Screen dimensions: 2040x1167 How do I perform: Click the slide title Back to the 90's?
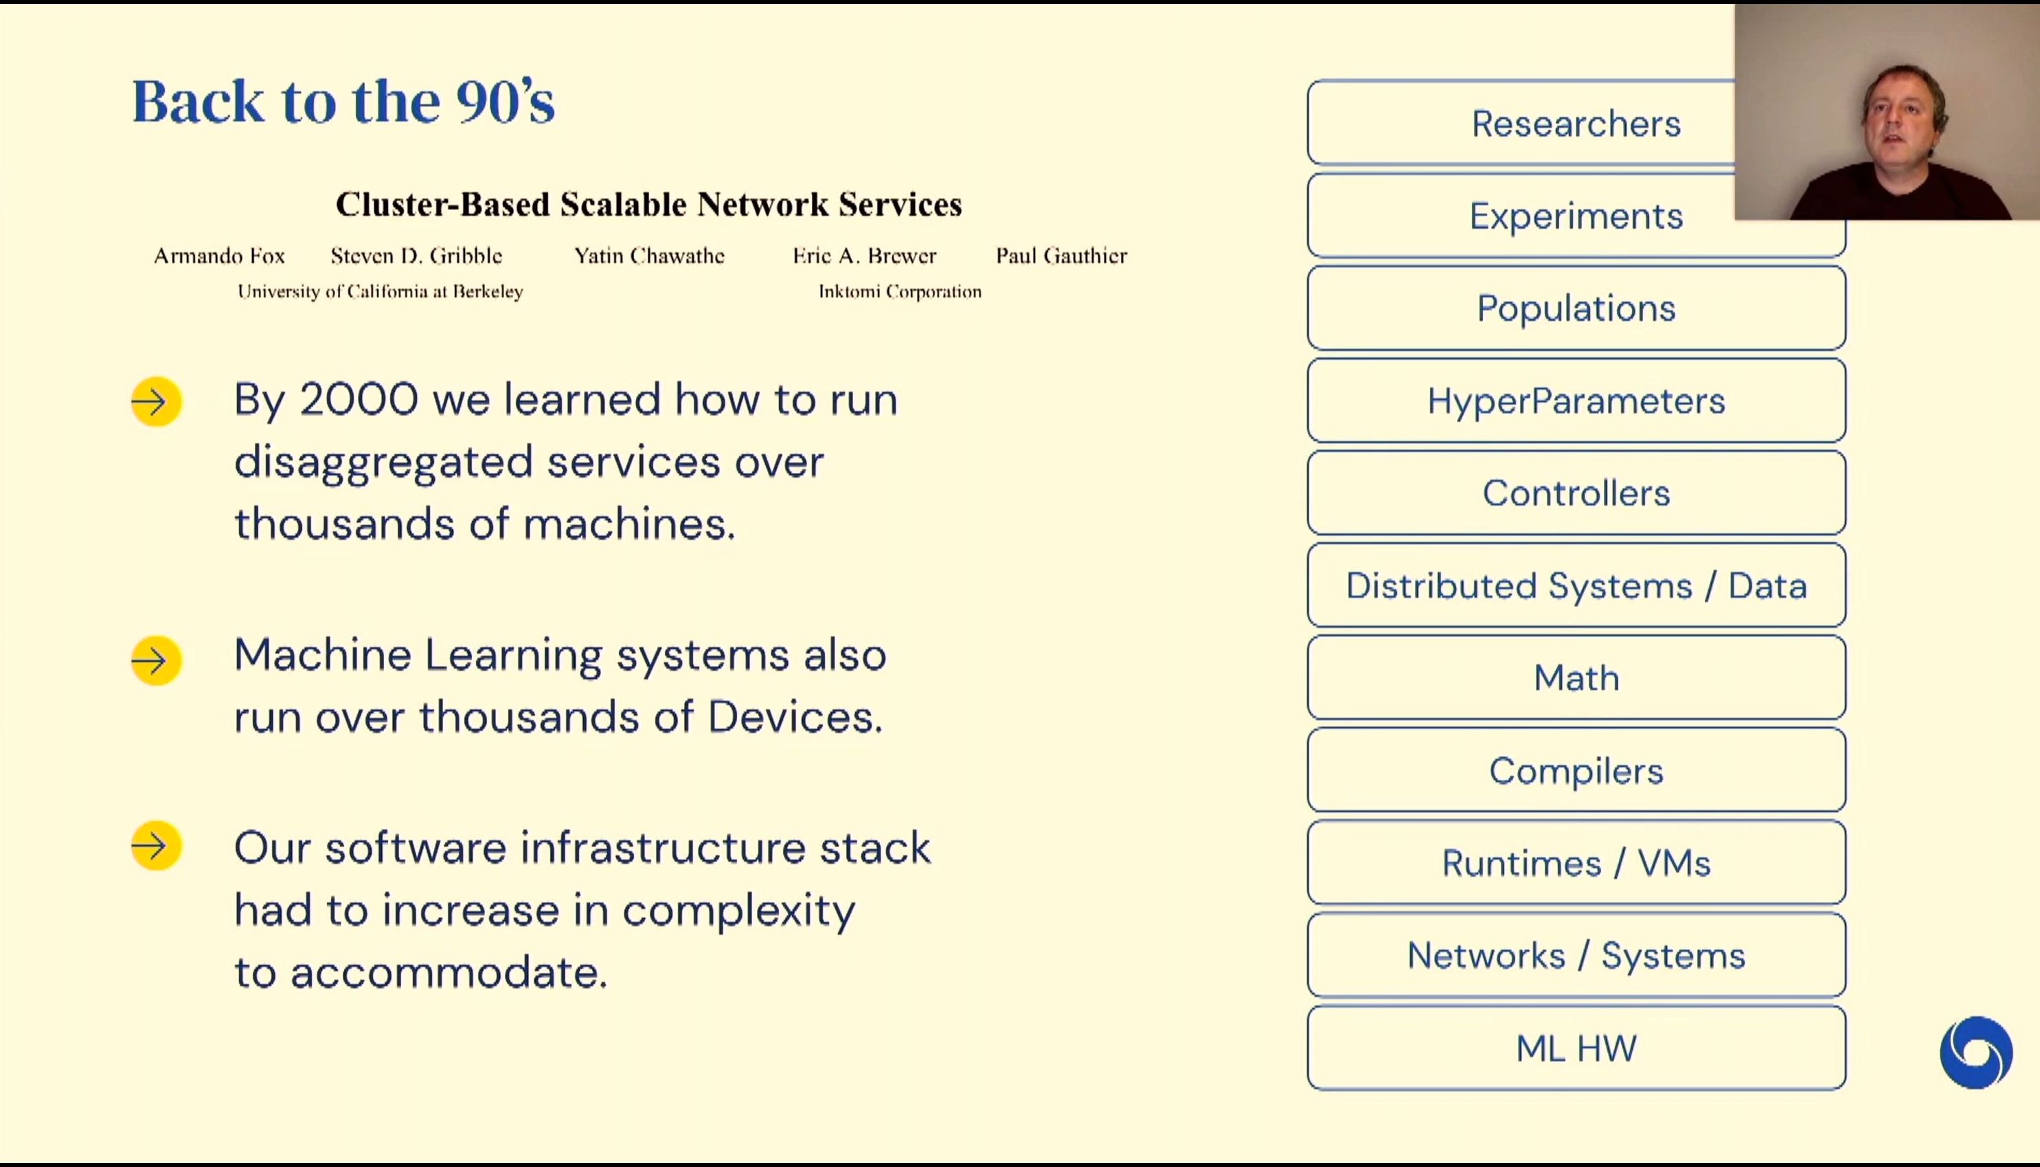(x=343, y=102)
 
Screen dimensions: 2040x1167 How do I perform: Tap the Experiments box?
(x=1576, y=216)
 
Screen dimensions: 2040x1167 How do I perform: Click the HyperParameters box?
(x=1576, y=401)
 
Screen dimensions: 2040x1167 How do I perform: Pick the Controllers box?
(x=1576, y=493)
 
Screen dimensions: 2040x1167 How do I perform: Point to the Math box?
(x=1576, y=678)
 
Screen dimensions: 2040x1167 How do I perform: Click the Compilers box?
(x=1576, y=771)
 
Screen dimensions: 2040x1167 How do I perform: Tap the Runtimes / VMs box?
(x=1576, y=863)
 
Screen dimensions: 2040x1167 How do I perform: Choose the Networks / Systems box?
(x=1576, y=956)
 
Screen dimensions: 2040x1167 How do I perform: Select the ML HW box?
(x=1576, y=1048)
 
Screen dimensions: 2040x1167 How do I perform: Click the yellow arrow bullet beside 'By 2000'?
(x=157, y=402)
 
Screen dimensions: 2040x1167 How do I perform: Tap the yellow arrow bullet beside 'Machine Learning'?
(x=157, y=660)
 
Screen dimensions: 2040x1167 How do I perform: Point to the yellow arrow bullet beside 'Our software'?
(x=157, y=846)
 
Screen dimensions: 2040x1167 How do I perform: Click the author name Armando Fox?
(x=219, y=255)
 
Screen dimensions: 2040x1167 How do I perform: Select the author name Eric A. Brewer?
(x=865, y=255)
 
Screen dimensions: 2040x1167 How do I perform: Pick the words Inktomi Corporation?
(x=900, y=292)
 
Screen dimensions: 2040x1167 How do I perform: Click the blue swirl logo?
(x=1976, y=1052)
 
